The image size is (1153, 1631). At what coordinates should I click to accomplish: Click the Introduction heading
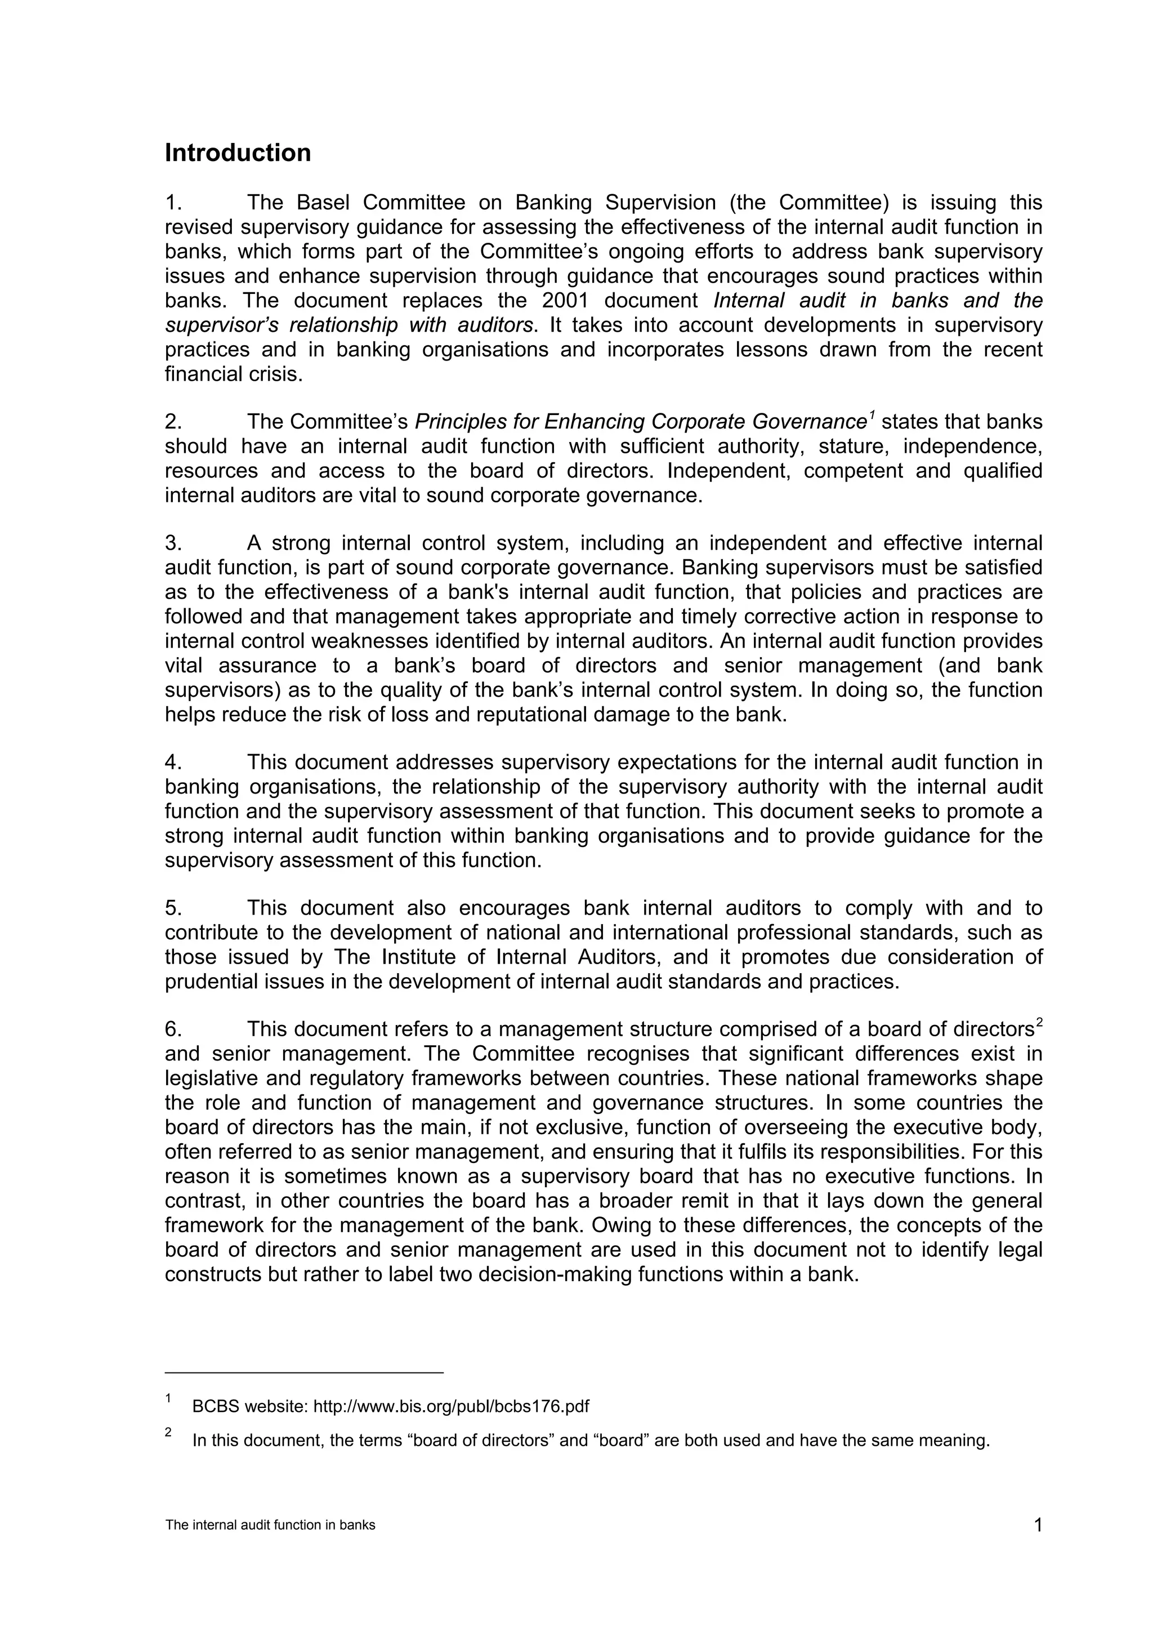[238, 153]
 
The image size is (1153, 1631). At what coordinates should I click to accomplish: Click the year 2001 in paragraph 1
[565, 301]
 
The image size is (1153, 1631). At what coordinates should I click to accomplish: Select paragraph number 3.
[173, 543]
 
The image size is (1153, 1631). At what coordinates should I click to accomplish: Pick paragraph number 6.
[173, 1030]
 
